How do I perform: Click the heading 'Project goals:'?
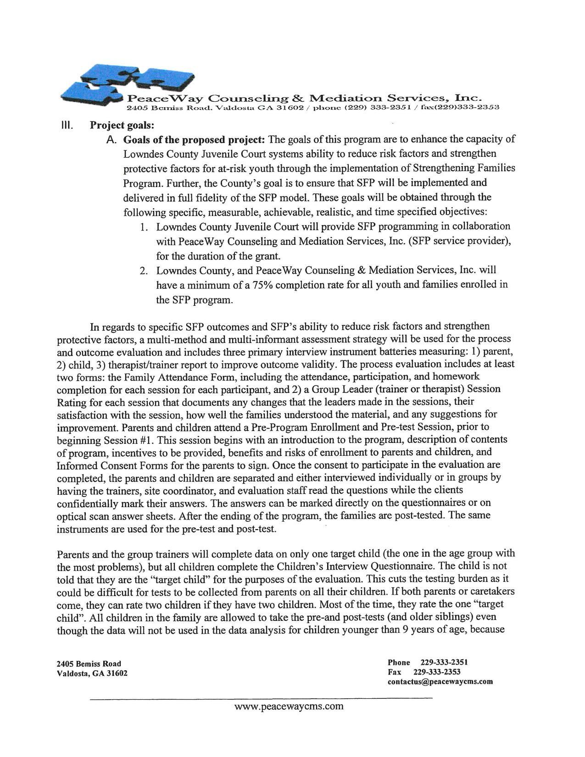click(x=122, y=125)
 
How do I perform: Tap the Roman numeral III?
click(x=67, y=125)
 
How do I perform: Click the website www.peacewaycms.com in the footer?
click(x=289, y=706)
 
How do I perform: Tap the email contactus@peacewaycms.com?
click(x=440, y=681)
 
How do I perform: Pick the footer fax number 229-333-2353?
click(x=437, y=672)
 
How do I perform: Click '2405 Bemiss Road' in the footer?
click(x=89, y=663)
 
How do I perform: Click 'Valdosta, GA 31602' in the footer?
click(x=92, y=673)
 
